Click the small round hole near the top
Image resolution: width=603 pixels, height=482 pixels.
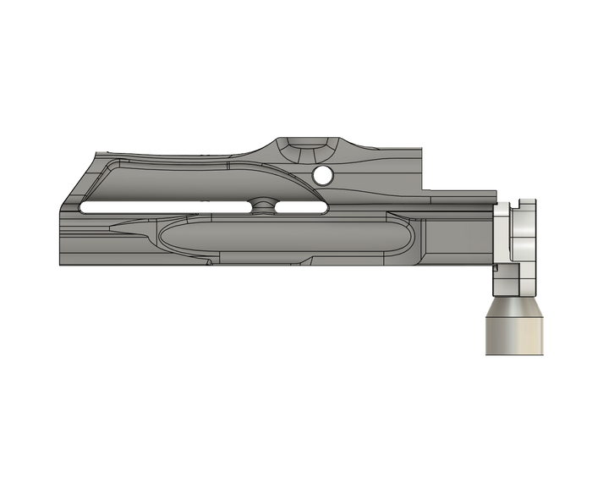click(321, 176)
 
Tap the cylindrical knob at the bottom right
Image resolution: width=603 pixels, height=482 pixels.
click(513, 326)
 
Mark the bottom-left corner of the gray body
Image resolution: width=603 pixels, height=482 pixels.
click(59, 266)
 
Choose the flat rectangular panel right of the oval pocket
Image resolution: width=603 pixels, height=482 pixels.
click(457, 241)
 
